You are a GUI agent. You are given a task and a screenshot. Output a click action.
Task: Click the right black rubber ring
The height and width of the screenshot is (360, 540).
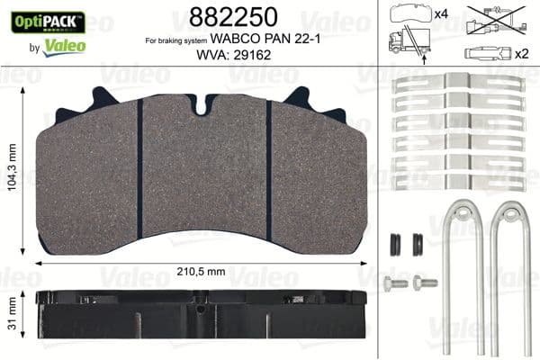[417, 244]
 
